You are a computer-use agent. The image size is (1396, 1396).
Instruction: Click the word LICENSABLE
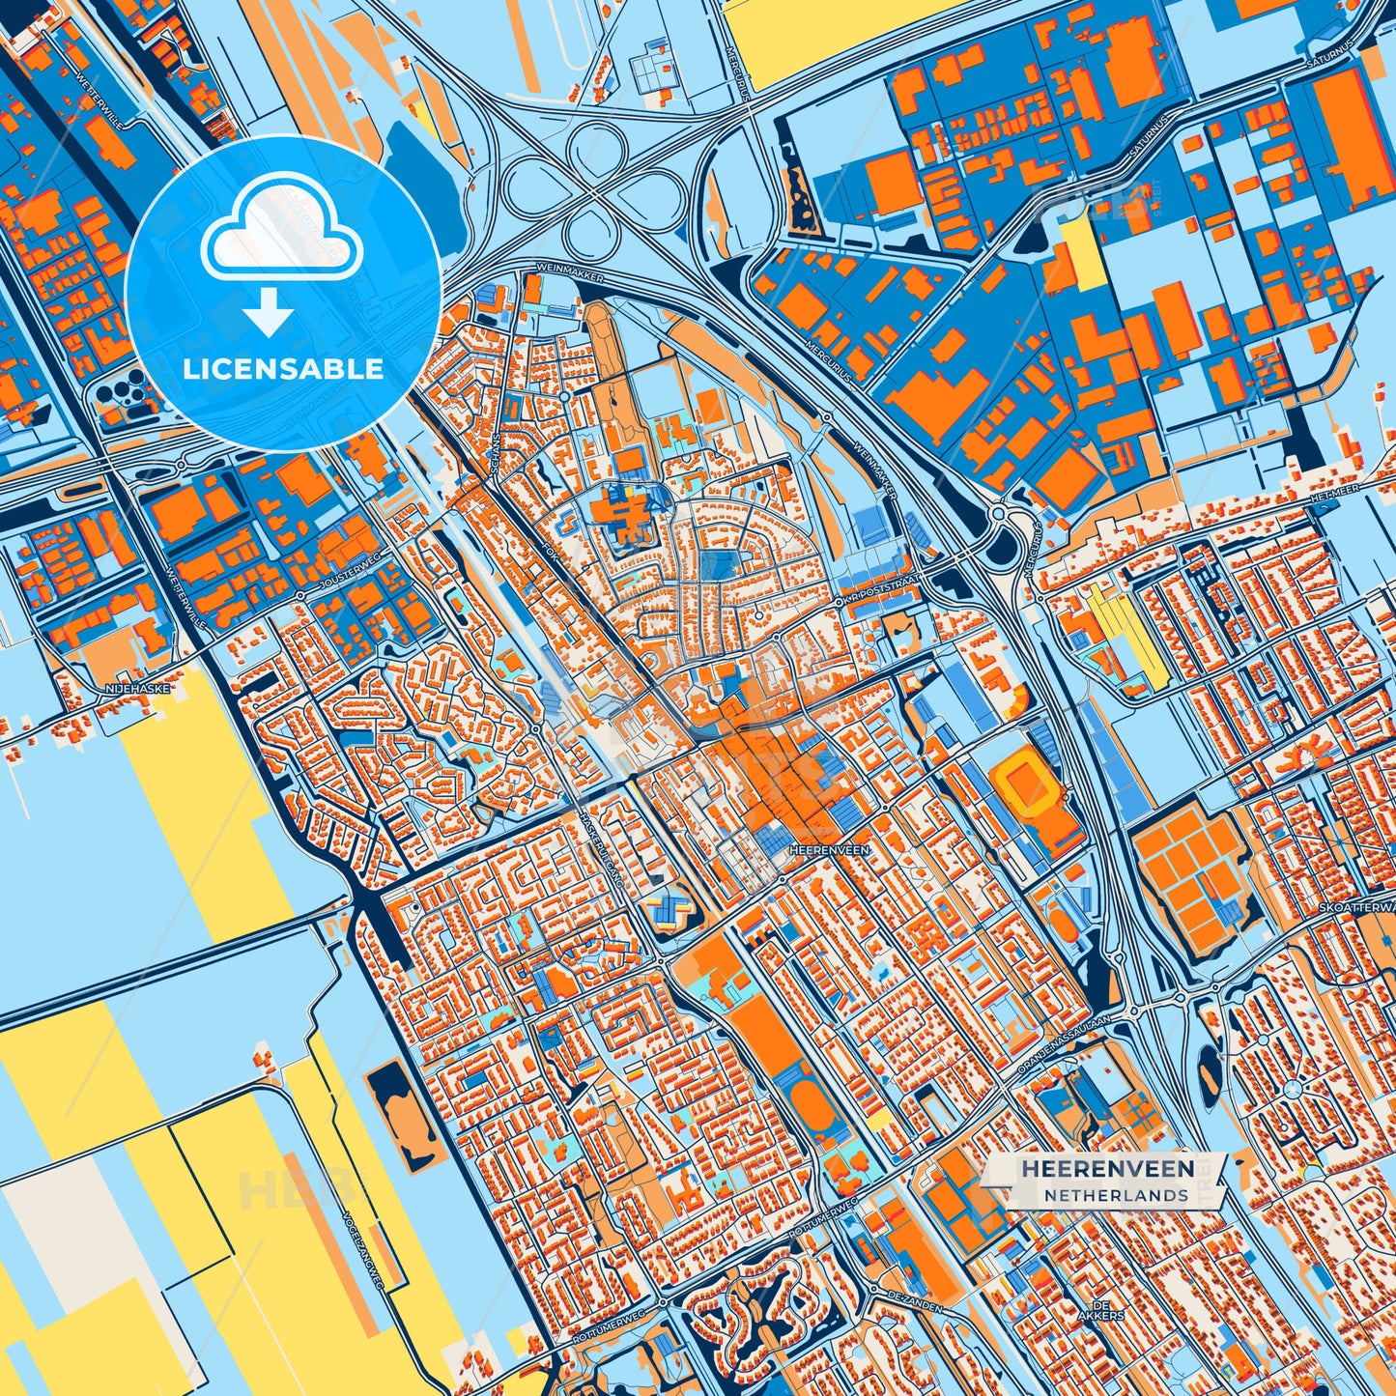click(x=283, y=369)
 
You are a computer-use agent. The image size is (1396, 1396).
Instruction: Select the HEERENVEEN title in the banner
click(x=1107, y=1169)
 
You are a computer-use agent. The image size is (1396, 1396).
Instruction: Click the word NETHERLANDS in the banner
click(x=1115, y=1195)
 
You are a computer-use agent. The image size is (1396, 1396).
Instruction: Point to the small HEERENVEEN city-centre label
click(x=829, y=850)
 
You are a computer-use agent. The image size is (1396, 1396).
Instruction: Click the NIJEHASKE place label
click(x=130, y=689)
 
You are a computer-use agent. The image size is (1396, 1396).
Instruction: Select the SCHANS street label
click(x=498, y=452)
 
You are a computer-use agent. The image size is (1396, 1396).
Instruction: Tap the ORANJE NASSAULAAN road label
click(x=1065, y=1045)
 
